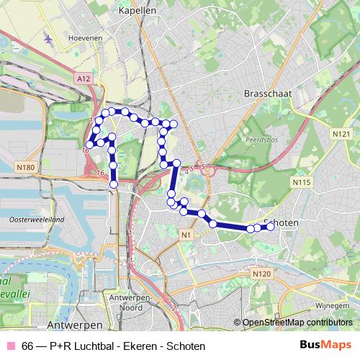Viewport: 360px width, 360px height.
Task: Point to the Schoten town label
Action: (x=282, y=223)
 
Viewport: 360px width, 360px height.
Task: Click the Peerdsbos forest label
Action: (x=259, y=140)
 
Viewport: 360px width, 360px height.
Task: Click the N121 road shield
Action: (x=341, y=134)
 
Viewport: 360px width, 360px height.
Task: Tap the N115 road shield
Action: (x=301, y=184)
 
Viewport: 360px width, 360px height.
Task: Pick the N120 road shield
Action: (x=262, y=274)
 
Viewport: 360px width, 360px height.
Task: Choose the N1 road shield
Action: (x=186, y=235)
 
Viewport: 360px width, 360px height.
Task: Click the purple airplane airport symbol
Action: (x=48, y=37)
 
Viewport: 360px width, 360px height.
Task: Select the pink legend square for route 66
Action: (x=11, y=346)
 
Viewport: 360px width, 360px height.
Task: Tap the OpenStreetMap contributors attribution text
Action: (x=298, y=323)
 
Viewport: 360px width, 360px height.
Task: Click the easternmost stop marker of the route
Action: (x=271, y=226)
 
